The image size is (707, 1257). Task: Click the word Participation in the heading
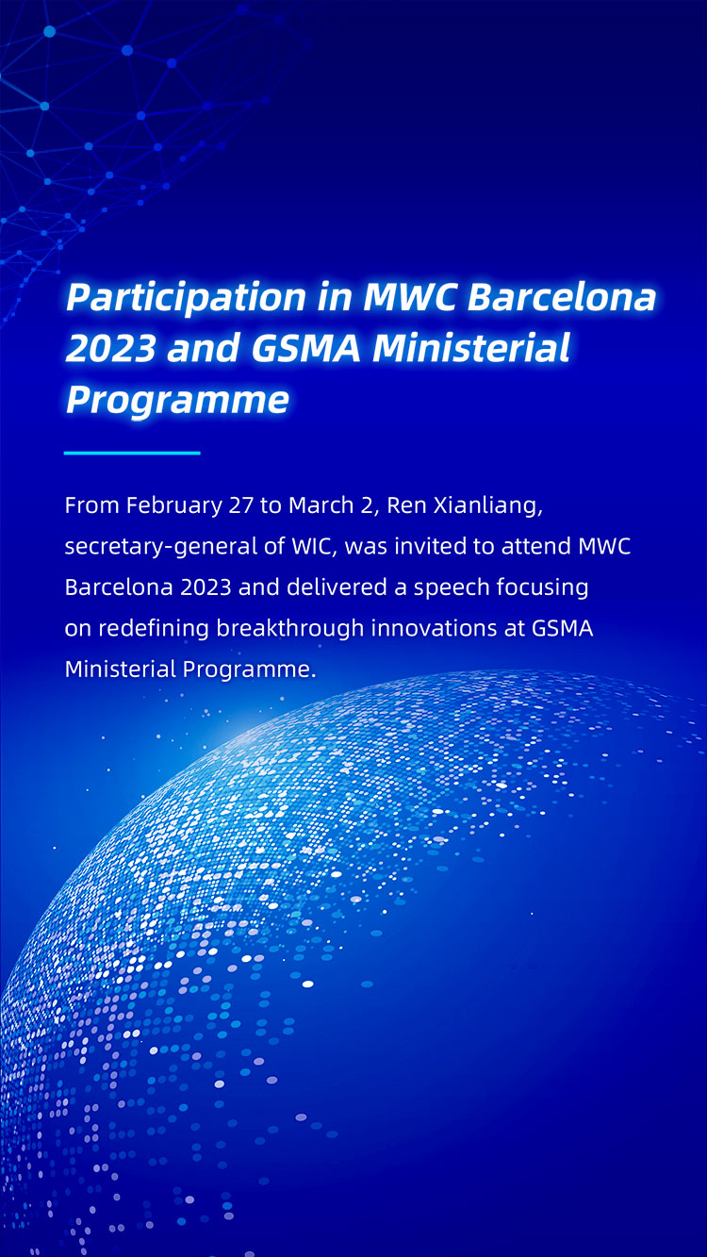(x=185, y=297)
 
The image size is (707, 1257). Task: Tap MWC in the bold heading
(x=410, y=296)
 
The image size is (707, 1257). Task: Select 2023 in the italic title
(x=110, y=348)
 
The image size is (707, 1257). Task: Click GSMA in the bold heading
(x=305, y=348)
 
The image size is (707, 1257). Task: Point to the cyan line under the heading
(x=132, y=453)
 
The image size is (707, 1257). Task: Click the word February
(x=174, y=506)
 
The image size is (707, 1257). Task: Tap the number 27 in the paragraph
(x=241, y=505)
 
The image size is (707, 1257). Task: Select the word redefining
(x=153, y=629)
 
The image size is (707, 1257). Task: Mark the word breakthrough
(x=290, y=629)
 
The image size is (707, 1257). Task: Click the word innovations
(x=434, y=628)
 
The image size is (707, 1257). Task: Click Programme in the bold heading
(x=177, y=401)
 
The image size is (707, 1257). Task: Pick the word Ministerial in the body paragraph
(x=120, y=669)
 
